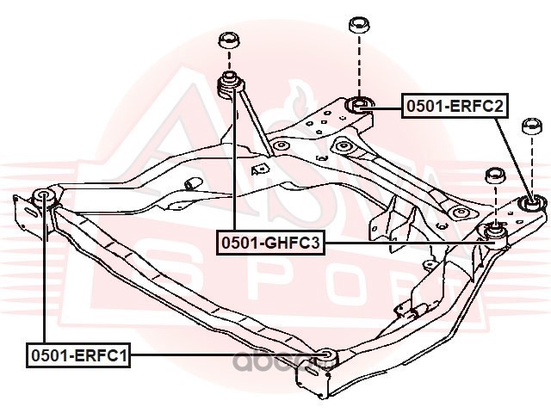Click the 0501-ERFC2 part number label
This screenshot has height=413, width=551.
tap(453, 107)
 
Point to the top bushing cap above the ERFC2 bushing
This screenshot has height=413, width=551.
tap(358, 24)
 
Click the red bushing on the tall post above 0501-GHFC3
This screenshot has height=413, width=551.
tap(230, 83)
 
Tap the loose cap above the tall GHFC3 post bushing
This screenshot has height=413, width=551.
tap(228, 40)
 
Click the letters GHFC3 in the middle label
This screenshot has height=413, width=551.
tap(291, 244)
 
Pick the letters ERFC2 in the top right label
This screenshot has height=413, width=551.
tap(474, 107)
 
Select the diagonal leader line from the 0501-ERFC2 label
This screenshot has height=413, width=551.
tap(512, 155)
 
